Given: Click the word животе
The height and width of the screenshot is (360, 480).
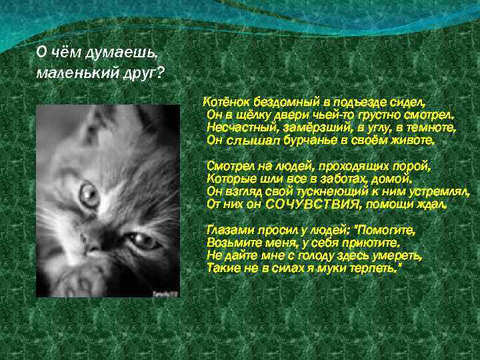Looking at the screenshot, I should pos(414,141).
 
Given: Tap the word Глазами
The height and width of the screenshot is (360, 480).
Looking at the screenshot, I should pos(227,230).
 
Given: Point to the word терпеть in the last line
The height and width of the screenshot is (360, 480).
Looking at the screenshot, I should pos(376,268).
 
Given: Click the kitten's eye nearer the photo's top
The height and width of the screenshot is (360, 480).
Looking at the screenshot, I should pos(88,195).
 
